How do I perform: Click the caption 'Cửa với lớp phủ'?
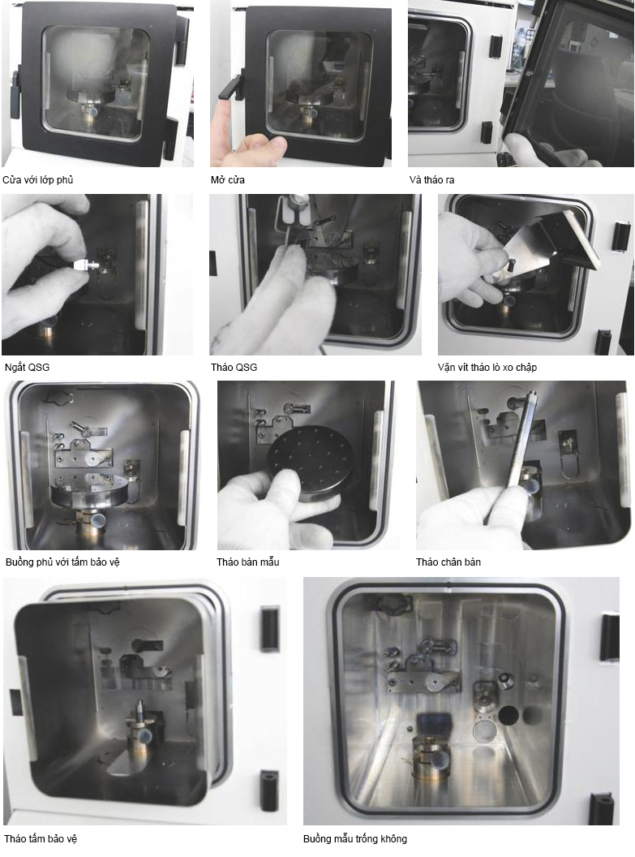pyautogui.click(x=37, y=180)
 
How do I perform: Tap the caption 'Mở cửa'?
pyautogui.click(x=228, y=180)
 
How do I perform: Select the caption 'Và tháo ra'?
pyautogui.click(x=431, y=180)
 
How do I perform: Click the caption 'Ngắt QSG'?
pyautogui.click(x=27, y=368)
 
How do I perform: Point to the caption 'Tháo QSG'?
pyautogui.click(x=234, y=368)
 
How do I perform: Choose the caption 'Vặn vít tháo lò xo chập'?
pyautogui.click(x=487, y=368)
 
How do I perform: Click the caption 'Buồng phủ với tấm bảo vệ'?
pyautogui.click(x=62, y=562)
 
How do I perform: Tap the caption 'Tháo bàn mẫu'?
pyautogui.click(x=247, y=562)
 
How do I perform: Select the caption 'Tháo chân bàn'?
pyautogui.click(x=448, y=562)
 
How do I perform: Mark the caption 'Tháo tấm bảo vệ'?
pyautogui.click(x=41, y=838)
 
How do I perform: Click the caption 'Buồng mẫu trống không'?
pyautogui.click(x=355, y=838)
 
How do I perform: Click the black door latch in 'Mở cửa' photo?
pyautogui.click(x=231, y=88)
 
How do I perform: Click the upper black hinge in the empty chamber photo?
pyautogui.click(x=609, y=637)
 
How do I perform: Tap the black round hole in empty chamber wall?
pyautogui.click(x=508, y=714)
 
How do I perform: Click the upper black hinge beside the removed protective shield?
pyautogui.click(x=270, y=628)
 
